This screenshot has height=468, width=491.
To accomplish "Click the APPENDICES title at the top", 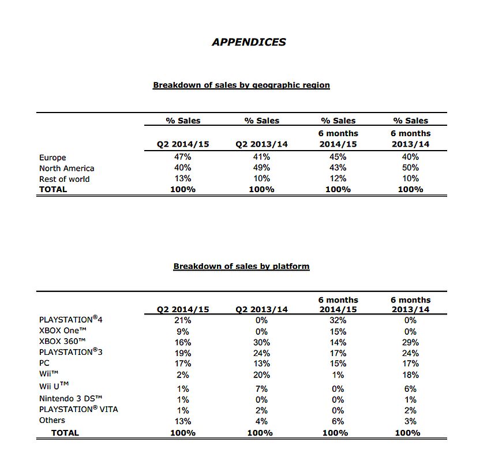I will [x=249, y=42].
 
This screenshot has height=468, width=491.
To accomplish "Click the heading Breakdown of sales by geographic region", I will [x=241, y=85].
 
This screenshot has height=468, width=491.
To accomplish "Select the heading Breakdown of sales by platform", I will [x=241, y=266].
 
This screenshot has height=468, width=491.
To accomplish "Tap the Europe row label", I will [x=53, y=158].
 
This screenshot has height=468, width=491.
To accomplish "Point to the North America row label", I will [x=66, y=169].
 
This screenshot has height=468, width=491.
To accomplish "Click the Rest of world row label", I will [x=64, y=179].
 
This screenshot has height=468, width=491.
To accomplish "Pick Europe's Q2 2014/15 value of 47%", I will [x=183, y=157].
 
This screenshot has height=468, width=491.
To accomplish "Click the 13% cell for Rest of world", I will [x=183, y=178].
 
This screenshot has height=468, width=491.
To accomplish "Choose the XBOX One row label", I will [x=62, y=331].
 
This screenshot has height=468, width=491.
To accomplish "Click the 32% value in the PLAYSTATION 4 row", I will [x=338, y=320].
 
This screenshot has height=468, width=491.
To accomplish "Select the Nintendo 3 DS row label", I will [x=70, y=399].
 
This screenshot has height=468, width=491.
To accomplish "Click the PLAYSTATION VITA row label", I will [x=78, y=410].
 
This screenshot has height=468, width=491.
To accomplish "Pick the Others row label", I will [x=52, y=420].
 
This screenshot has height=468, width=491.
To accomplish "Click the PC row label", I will [x=44, y=363].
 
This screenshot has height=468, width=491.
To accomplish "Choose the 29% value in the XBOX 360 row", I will [x=411, y=342].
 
